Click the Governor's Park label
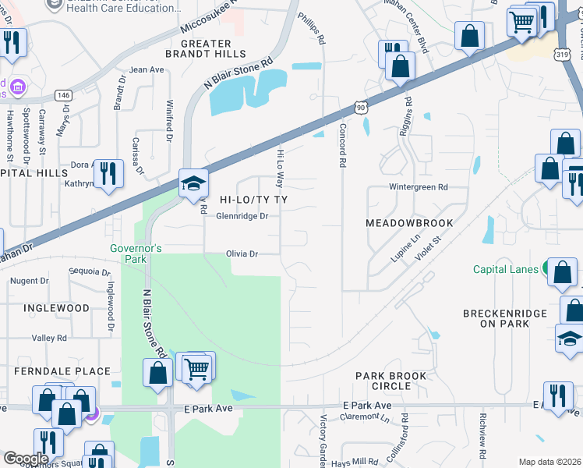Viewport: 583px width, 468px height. coord(136,253)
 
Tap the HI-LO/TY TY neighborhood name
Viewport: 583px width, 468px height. coord(253,200)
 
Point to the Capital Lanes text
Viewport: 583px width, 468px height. coord(506,270)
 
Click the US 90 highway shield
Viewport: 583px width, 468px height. coord(358,105)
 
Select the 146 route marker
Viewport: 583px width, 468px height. coord(64,94)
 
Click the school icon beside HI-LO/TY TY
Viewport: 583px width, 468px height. coord(193,184)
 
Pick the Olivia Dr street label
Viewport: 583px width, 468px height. coord(242,253)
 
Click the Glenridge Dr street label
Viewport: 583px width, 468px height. coord(242,216)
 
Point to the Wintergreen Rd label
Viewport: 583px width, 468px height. coord(419,187)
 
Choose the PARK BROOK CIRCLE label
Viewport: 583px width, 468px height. coord(391,381)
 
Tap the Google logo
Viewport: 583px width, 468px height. coord(25,459)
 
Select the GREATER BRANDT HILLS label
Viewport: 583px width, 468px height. coord(206,49)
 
